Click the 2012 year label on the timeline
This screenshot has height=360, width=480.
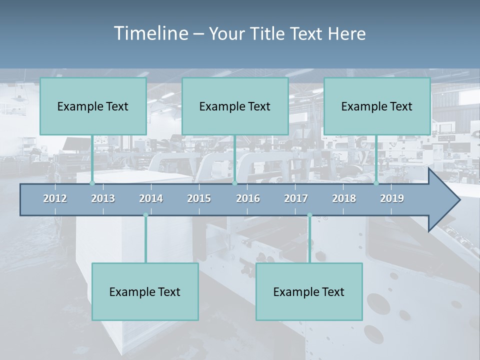click(x=55, y=198)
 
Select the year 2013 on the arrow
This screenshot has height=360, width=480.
click(x=103, y=198)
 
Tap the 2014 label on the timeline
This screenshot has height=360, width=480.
click(x=151, y=198)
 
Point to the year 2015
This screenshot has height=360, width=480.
click(x=199, y=198)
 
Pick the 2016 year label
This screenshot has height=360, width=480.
click(x=248, y=198)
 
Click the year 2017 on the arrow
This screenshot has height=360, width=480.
click(x=296, y=198)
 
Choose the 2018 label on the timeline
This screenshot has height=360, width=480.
click(x=344, y=198)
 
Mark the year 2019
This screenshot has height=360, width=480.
click(x=392, y=198)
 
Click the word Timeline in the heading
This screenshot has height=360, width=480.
click(x=150, y=33)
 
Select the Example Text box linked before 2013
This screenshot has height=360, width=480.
click(x=93, y=106)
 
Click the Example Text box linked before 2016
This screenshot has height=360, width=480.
click(x=235, y=106)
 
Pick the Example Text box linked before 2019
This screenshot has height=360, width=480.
click(x=377, y=106)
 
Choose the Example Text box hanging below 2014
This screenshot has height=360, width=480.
click(x=145, y=291)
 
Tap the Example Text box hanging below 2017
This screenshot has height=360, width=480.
click(x=309, y=291)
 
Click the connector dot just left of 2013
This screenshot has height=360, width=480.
click(x=92, y=183)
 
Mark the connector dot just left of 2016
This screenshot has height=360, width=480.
click(x=234, y=183)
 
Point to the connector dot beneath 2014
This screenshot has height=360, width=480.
click(x=145, y=215)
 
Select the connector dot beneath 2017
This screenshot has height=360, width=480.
click(x=309, y=215)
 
